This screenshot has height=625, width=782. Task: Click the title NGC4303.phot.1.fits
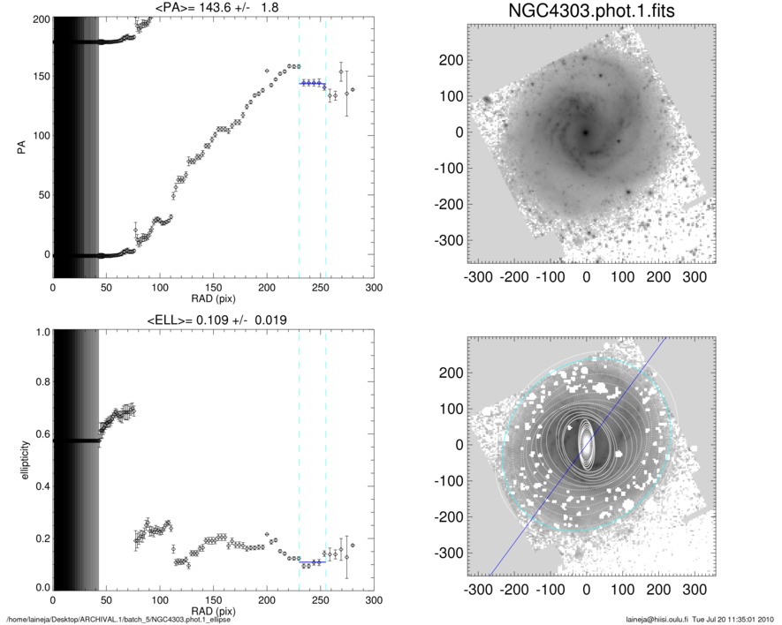[585, 13]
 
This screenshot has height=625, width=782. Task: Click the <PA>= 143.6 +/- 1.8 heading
[213, 8]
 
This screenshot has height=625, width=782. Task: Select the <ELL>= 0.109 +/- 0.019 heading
[213, 320]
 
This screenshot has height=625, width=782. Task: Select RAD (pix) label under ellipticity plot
[213, 611]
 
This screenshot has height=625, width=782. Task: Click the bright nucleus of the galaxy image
[585, 132]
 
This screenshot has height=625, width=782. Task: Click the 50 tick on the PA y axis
[41, 195]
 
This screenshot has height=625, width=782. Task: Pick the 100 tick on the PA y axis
[38, 136]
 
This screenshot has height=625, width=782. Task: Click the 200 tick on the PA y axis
[38, 18]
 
